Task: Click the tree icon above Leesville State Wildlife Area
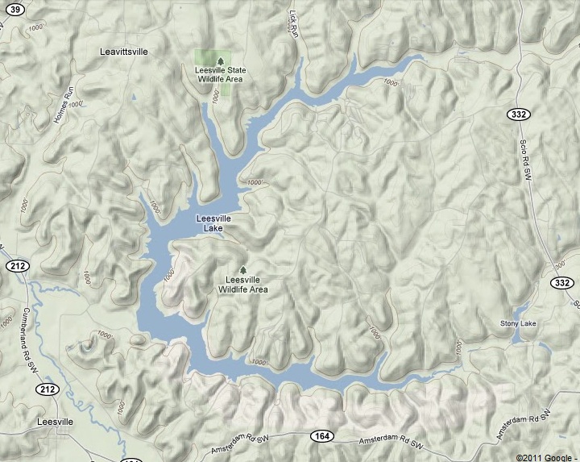point(219,59)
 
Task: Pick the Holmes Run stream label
point(64,98)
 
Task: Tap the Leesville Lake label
point(213,223)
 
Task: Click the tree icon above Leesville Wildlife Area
point(243,269)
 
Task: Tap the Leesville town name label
point(55,422)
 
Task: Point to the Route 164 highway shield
point(322,436)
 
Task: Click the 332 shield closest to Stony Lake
point(563,283)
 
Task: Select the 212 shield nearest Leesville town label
point(45,389)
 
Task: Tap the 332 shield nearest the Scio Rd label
point(518,114)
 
